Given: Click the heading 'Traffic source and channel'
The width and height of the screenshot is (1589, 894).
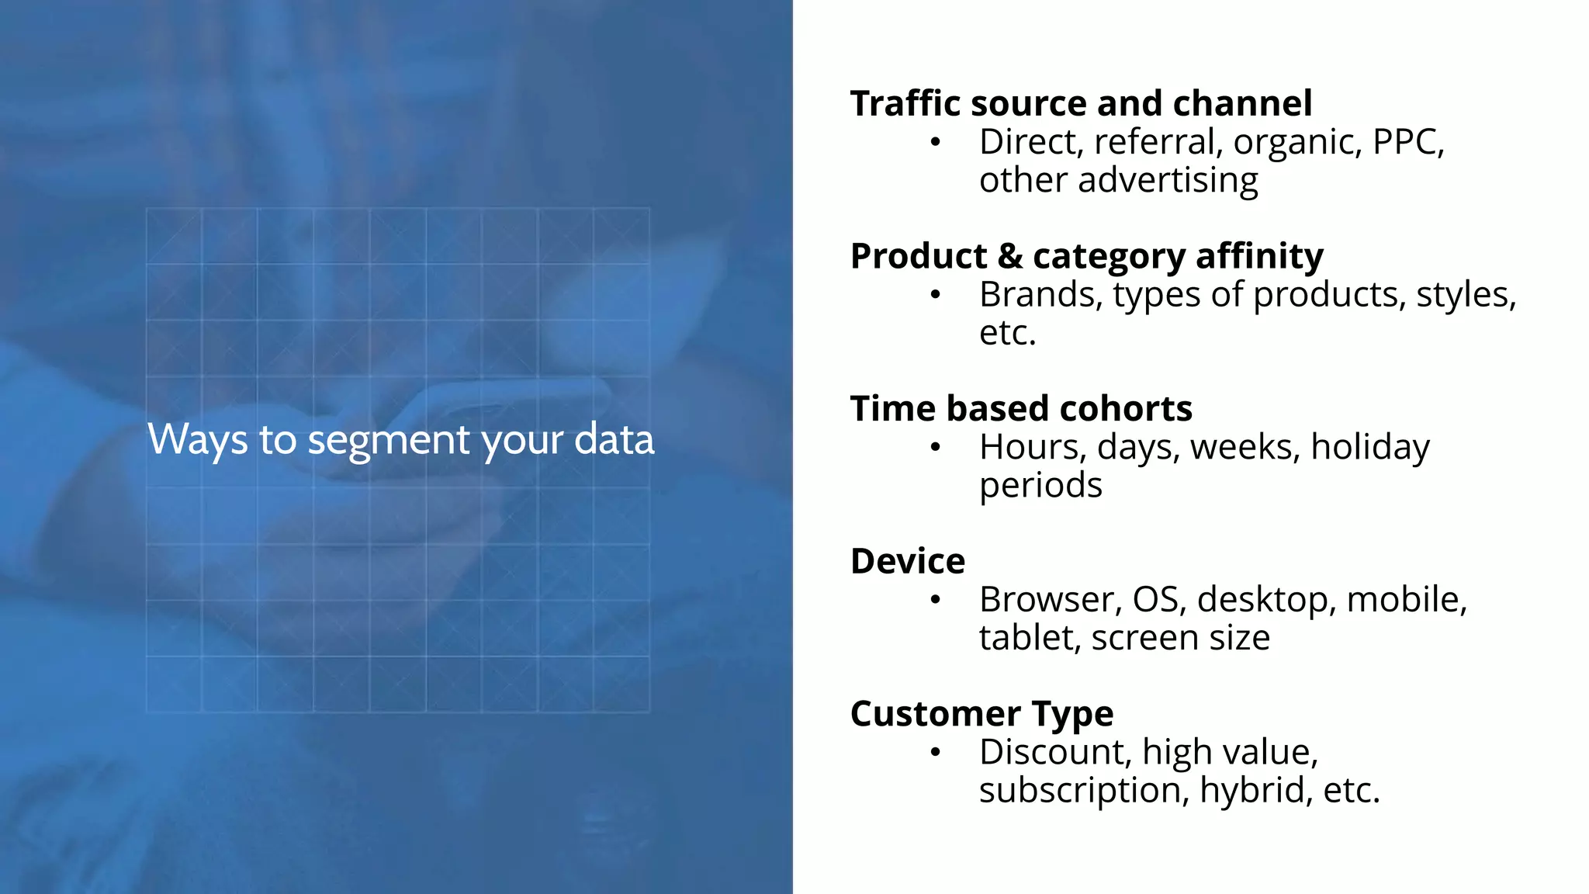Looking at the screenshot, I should pyautogui.click(x=1081, y=104).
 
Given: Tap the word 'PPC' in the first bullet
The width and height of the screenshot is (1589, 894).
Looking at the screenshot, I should pyautogui.click(x=1405, y=142).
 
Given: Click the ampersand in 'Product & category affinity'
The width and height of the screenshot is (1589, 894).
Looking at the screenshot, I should pyautogui.click(x=1009, y=257).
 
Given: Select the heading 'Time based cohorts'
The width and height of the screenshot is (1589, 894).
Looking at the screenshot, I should pyautogui.click(x=1021, y=409).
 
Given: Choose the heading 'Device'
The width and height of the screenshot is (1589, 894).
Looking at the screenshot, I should pyautogui.click(x=908, y=562).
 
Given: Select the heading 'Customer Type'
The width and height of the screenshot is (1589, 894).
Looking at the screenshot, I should pyautogui.click(x=981, y=714).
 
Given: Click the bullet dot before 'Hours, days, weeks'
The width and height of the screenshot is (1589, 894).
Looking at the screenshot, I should pyautogui.click(x=936, y=448).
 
